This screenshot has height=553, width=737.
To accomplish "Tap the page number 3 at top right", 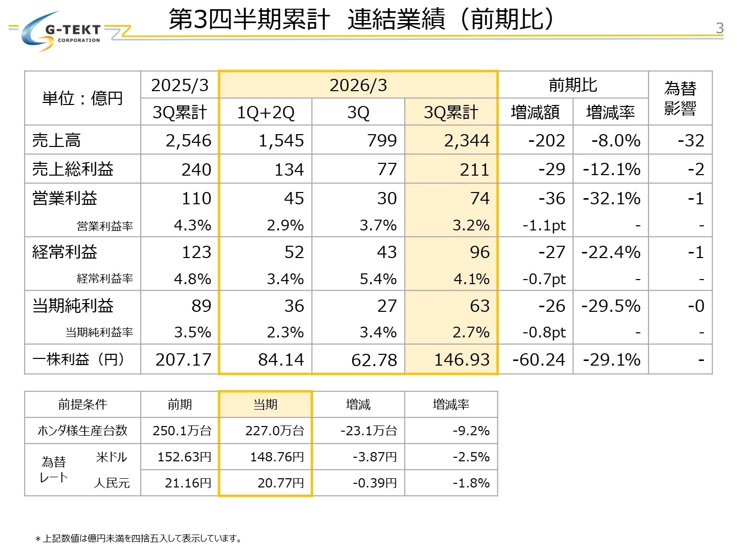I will (x=719, y=28).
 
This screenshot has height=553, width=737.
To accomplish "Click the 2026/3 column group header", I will (x=358, y=86).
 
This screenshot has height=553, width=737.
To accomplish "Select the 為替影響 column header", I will (x=680, y=98).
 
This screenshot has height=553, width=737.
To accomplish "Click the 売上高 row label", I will (x=56, y=140).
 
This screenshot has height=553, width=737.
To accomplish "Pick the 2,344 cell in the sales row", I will (x=466, y=140).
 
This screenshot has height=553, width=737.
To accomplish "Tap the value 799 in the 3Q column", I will (x=382, y=140).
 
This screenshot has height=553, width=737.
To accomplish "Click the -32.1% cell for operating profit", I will (x=612, y=198).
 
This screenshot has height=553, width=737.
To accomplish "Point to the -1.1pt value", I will (x=544, y=225).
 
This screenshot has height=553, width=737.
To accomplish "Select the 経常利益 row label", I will (x=64, y=252).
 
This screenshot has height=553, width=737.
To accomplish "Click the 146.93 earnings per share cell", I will (x=462, y=359).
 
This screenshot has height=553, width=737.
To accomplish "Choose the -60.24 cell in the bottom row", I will (x=538, y=359).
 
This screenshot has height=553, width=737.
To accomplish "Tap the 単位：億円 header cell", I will (x=82, y=98).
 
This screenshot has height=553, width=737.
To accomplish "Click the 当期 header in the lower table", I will (x=265, y=405).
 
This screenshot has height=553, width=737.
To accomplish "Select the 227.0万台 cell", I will (x=274, y=431).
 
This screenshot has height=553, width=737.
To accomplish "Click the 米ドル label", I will (x=111, y=457).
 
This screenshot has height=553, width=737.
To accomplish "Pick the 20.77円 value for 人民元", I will (x=280, y=483).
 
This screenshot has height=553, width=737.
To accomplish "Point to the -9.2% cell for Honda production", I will (x=471, y=431).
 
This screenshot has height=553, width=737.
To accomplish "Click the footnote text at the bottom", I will (x=138, y=538).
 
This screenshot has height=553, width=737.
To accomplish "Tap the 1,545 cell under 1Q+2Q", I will (x=281, y=140).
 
